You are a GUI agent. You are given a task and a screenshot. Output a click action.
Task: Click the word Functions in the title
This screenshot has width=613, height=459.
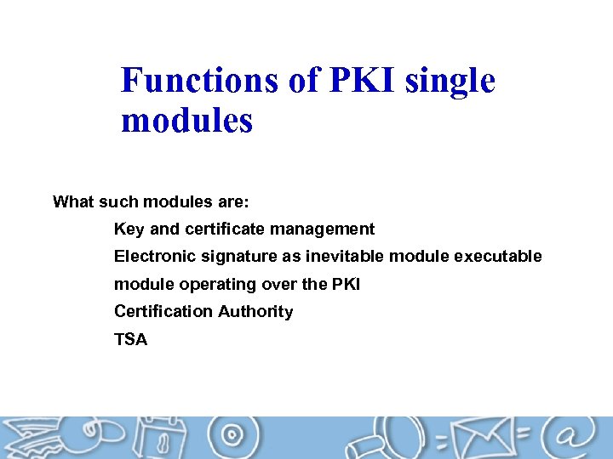pos(198,81)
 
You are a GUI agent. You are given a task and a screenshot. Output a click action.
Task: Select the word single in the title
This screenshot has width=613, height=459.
pos(450,81)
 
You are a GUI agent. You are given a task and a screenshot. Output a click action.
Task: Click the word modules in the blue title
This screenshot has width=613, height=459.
pos(186,121)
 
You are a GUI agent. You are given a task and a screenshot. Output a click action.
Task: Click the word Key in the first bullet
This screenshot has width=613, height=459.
pos(129,229)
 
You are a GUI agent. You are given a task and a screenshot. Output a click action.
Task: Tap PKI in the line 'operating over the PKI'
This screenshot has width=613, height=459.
pos(345,284)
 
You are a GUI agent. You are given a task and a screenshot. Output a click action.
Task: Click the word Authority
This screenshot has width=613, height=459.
pos(255,311)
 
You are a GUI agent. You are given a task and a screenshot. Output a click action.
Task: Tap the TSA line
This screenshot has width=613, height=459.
pos(130,339)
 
